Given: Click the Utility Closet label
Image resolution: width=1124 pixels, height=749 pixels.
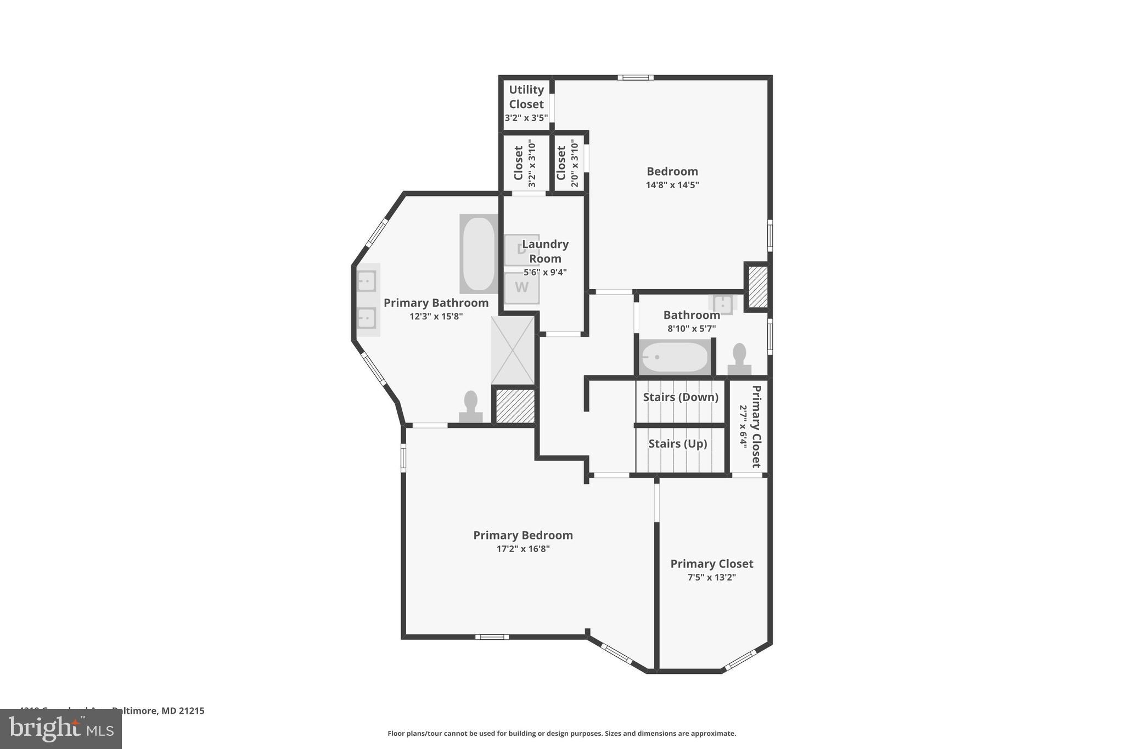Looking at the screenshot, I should click(x=526, y=97).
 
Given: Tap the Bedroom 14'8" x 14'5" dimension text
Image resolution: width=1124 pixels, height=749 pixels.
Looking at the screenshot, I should click(x=672, y=185).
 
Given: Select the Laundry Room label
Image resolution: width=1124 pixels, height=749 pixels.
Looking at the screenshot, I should click(x=544, y=251).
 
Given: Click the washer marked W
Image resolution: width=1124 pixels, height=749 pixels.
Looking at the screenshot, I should click(x=521, y=288).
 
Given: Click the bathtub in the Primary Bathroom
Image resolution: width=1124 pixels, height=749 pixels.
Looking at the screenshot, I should click(x=479, y=254).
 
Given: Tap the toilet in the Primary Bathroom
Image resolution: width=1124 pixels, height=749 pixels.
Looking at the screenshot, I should click(x=470, y=406).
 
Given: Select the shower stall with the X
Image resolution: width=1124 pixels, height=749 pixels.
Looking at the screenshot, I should click(x=513, y=350).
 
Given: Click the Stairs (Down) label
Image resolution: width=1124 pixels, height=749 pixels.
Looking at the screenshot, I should click(x=680, y=397).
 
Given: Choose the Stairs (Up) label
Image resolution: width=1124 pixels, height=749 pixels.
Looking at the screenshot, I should click(x=677, y=444).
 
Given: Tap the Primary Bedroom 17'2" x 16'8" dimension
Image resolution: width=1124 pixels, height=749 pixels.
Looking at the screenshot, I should click(x=522, y=549).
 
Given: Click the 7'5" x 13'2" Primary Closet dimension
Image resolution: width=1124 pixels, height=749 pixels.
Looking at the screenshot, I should click(x=711, y=577).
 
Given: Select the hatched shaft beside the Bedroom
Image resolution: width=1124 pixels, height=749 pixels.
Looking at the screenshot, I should click(x=757, y=287).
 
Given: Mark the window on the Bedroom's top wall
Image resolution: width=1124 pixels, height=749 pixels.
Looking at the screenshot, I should click(x=635, y=78).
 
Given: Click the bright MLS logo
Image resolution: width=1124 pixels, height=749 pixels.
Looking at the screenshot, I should click(x=61, y=729).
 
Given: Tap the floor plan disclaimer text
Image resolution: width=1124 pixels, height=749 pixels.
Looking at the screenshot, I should click(x=561, y=733).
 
